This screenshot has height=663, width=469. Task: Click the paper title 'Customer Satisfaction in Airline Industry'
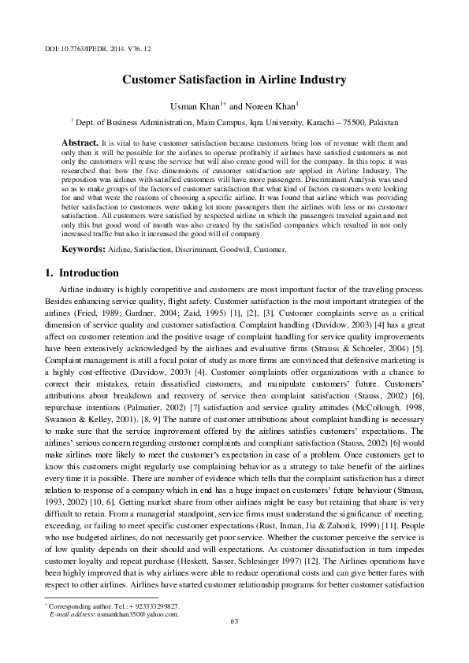click(x=234, y=80)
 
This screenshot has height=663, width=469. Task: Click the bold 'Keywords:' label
click(x=84, y=249)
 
